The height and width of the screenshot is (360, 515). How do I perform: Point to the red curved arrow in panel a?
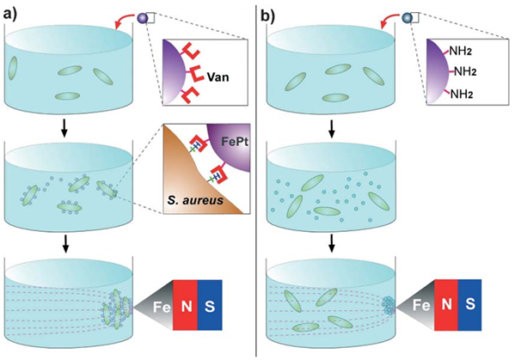point(126,21)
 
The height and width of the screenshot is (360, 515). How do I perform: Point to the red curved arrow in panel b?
point(386,21)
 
